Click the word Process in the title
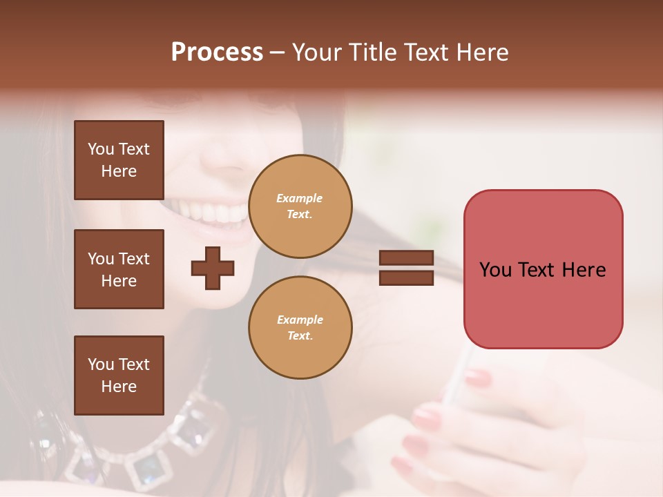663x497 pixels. [217, 52]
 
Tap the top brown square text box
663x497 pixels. [119, 160]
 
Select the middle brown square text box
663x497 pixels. [119, 269]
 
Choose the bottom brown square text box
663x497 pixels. [119, 375]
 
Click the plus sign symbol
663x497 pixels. [213, 268]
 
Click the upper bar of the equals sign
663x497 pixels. [406, 257]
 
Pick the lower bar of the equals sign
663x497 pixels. [406, 277]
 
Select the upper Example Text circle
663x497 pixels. [300, 206]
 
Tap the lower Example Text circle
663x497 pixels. [300, 327]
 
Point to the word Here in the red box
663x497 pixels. [584, 270]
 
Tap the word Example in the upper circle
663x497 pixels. [300, 198]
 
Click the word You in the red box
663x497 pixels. [495, 270]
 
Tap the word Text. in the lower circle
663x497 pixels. [300, 335]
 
